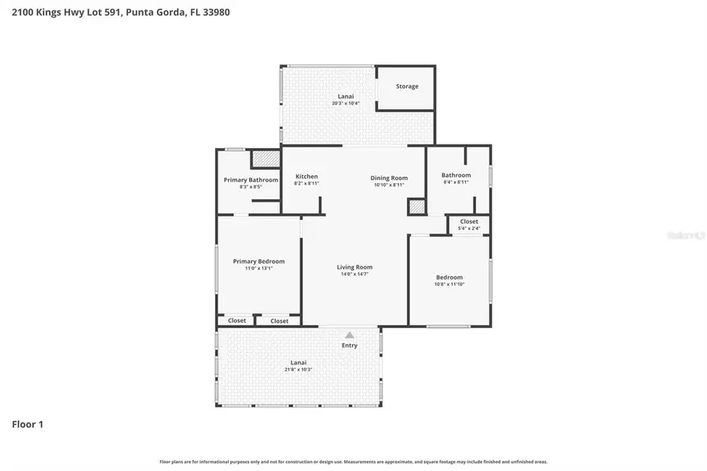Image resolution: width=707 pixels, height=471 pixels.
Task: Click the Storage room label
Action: click(x=407, y=86)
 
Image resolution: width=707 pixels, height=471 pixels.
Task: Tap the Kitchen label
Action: click(x=306, y=177)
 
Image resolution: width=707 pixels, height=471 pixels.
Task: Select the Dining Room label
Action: click(x=389, y=178)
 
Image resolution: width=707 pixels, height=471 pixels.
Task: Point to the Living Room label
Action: click(x=354, y=267)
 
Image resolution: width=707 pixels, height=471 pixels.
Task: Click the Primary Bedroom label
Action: click(x=258, y=261)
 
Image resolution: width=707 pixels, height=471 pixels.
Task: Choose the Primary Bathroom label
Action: click(x=251, y=180)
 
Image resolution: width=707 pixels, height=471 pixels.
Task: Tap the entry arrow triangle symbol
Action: click(x=350, y=334)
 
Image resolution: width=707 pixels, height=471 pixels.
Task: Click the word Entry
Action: click(x=350, y=345)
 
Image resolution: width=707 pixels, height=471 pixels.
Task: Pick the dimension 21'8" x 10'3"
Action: click(x=298, y=369)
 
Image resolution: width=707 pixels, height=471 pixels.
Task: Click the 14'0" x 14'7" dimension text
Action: click(x=354, y=274)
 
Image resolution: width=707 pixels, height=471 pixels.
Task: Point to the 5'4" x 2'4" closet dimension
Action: click(x=469, y=228)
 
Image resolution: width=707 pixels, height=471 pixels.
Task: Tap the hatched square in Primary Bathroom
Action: click(x=266, y=159)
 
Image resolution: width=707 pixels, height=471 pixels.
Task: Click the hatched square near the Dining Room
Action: click(x=416, y=207)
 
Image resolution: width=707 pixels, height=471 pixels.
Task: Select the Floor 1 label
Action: click(x=27, y=425)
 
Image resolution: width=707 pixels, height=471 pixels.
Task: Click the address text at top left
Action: click(x=115, y=13)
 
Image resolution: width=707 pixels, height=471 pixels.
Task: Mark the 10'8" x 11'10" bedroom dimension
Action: click(x=449, y=284)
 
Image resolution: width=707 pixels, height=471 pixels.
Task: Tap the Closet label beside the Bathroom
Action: click(x=469, y=221)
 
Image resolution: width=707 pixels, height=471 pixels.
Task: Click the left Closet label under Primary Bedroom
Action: click(x=236, y=320)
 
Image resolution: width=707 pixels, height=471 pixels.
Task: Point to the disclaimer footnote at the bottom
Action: click(x=353, y=462)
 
